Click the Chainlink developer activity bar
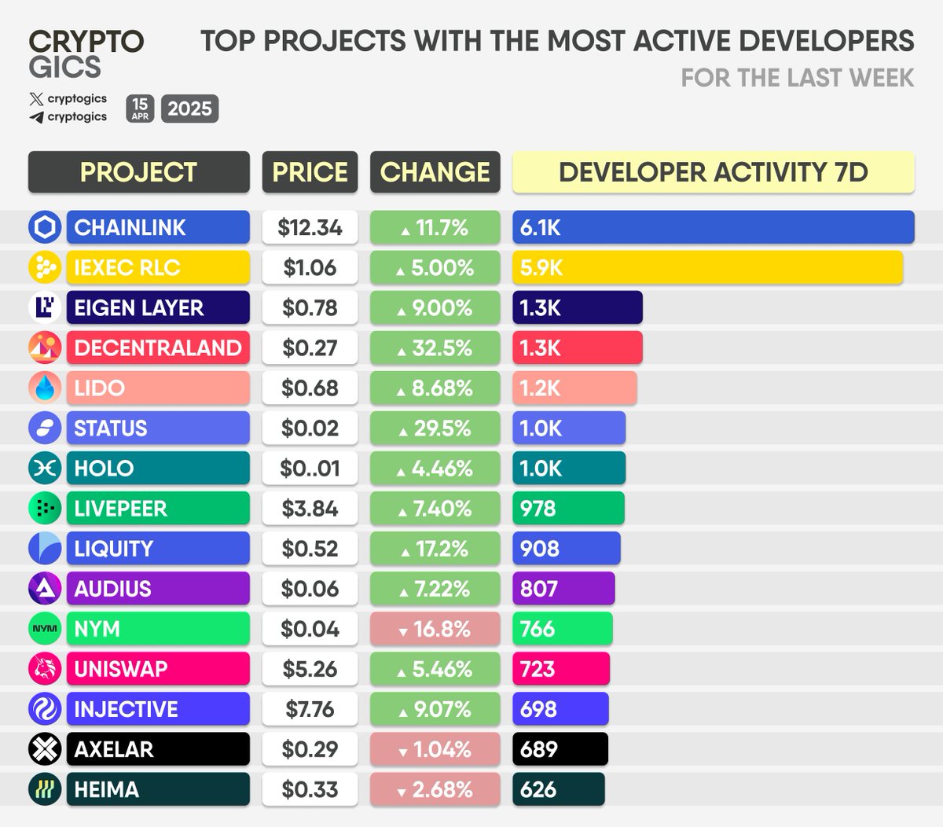713,227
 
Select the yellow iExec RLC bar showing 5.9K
707,267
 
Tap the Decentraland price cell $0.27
310,347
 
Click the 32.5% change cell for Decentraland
435,347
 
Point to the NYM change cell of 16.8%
435,629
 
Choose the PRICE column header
310,172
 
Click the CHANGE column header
435,172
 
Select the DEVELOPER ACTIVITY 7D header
713,172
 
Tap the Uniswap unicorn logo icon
45,669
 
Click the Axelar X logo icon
45,749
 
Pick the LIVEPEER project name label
157,509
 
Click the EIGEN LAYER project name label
157,307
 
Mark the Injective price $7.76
310,709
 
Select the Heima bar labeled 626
558,789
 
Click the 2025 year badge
189,108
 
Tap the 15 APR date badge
140,108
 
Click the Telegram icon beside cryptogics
36,117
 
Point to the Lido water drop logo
45,388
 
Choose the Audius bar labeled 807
563,589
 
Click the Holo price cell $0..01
310,469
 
